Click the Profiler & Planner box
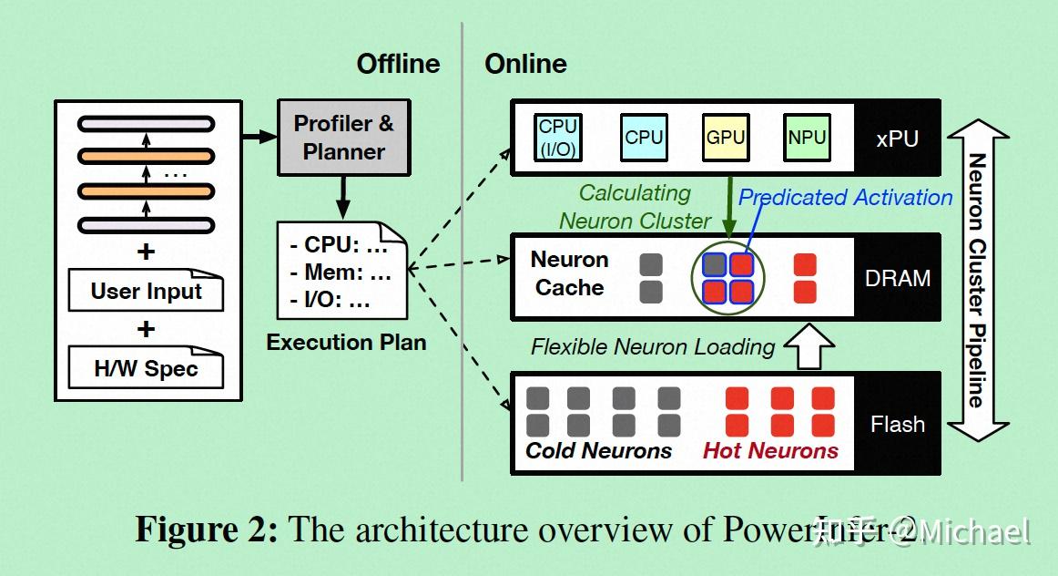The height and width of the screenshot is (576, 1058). [344, 138]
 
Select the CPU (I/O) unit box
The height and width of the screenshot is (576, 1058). [558, 138]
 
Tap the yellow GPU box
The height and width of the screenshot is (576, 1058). [725, 138]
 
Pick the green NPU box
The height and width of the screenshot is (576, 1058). [807, 138]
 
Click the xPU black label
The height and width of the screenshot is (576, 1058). [897, 139]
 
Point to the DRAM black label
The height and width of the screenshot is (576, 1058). [897, 278]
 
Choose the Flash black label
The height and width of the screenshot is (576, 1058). [897, 424]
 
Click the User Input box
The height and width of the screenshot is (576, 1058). [146, 292]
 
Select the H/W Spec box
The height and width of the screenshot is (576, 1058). [146, 369]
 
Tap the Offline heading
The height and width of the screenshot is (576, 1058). [398, 64]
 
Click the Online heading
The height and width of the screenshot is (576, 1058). [525, 64]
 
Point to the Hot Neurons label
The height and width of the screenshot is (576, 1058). [770, 451]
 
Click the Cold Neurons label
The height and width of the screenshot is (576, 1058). [598, 451]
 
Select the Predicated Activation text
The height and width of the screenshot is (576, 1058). [845, 198]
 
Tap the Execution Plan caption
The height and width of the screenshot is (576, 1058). [346, 343]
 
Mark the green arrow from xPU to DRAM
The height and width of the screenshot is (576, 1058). [729, 206]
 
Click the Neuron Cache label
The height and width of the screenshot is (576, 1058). [569, 273]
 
